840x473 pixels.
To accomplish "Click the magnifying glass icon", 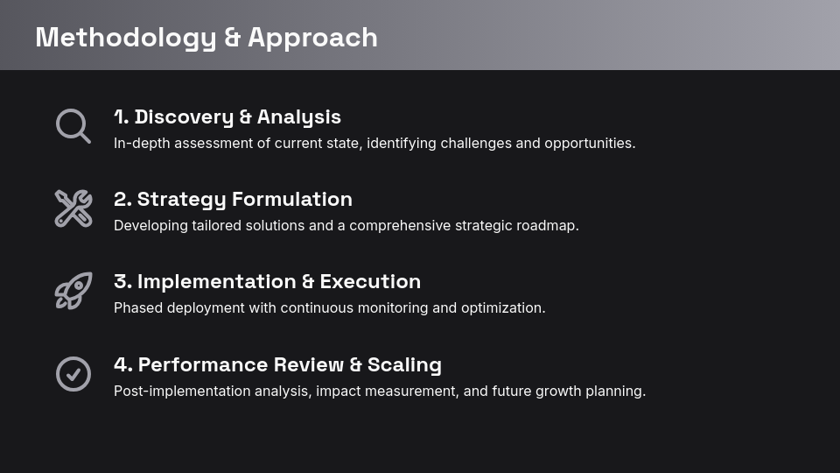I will pyautogui.click(x=73, y=125).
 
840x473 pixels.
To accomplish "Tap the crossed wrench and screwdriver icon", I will pyautogui.click(x=73, y=208).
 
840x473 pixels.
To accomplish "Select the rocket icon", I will pyautogui.click(x=73, y=291).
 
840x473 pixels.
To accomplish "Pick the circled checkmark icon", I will pyautogui.click(x=73, y=374).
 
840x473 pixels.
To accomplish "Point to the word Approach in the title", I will pyautogui.click(x=312, y=38).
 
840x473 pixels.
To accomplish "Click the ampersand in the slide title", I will pyautogui.click(x=232, y=38).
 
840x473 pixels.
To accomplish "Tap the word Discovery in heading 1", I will pyautogui.click(x=184, y=117).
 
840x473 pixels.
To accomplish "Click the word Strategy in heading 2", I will pyautogui.click(x=183, y=200).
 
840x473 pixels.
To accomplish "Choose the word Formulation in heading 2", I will pyautogui.click(x=293, y=200).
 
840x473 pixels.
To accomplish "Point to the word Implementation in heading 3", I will pyautogui.click(x=216, y=282).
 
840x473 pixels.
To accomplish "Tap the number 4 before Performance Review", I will pyautogui.click(x=120, y=365).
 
